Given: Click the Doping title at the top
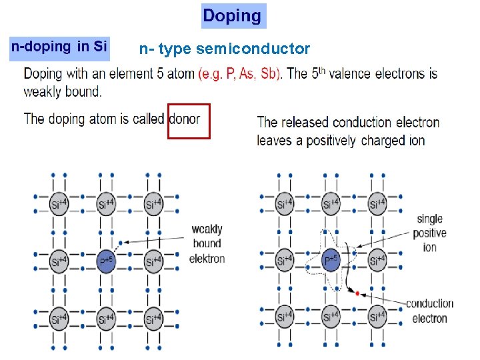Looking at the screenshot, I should click(x=233, y=15).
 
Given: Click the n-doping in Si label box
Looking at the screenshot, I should click(x=59, y=47).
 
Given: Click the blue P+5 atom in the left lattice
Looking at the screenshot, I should click(x=105, y=259).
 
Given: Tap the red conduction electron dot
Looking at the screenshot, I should click(x=357, y=293).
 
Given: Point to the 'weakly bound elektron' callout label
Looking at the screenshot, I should click(x=207, y=244).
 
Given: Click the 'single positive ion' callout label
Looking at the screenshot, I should click(x=430, y=233).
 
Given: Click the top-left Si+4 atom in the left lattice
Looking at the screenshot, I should click(x=58, y=204).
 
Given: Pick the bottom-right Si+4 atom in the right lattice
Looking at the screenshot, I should click(x=377, y=315).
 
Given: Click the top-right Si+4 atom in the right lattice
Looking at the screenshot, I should click(x=377, y=204).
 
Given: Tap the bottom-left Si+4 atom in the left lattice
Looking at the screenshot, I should click(x=58, y=315).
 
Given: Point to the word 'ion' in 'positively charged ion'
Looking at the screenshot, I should click(x=416, y=140).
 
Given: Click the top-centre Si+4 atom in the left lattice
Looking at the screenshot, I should click(x=105, y=204).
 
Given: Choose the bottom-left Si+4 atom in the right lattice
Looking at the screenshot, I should click(x=285, y=315).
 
